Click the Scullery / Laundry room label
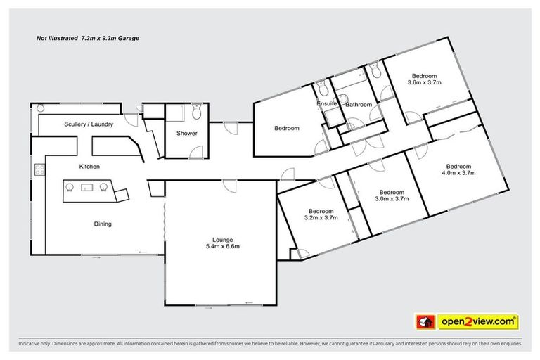tap(89, 124)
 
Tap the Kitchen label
tap(89, 167)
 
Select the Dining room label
tap(103, 224)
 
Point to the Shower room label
tap(186, 133)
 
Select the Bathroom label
tap(359, 105)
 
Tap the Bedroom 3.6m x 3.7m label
tap(424, 79)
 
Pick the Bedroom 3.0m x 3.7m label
tap(392, 195)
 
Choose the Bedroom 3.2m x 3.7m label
tap(321, 214)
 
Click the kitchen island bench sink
tap(87, 186)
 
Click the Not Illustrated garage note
tap(88, 39)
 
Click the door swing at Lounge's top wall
tap(229, 184)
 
